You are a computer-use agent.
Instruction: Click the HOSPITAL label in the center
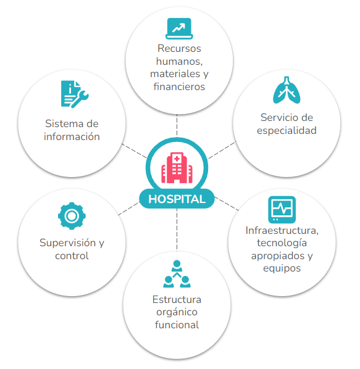[177, 199]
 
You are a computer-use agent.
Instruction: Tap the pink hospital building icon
[177, 168]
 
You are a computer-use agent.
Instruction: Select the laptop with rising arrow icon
[179, 28]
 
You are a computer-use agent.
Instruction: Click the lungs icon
[287, 90]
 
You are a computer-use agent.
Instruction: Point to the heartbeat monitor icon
[282, 209]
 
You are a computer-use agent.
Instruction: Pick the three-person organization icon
[177, 274]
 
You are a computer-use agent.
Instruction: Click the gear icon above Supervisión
[72, 216]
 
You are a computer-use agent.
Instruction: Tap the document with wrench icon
[75, 94]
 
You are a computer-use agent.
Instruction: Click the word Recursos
[179, 49]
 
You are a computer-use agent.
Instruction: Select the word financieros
[179, 86]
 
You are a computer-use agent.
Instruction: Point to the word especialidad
[287, 131]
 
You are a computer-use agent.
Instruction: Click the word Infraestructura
[282, 230]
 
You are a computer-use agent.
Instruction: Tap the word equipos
[282, 268]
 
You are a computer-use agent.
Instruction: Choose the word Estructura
[177, 299]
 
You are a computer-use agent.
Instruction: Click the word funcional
[177, 325]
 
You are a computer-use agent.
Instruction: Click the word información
[72, 137]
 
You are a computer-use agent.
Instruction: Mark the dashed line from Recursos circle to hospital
[177, 126]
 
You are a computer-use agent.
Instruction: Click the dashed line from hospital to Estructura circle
[177, 230]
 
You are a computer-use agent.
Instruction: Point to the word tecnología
[282, 243]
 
